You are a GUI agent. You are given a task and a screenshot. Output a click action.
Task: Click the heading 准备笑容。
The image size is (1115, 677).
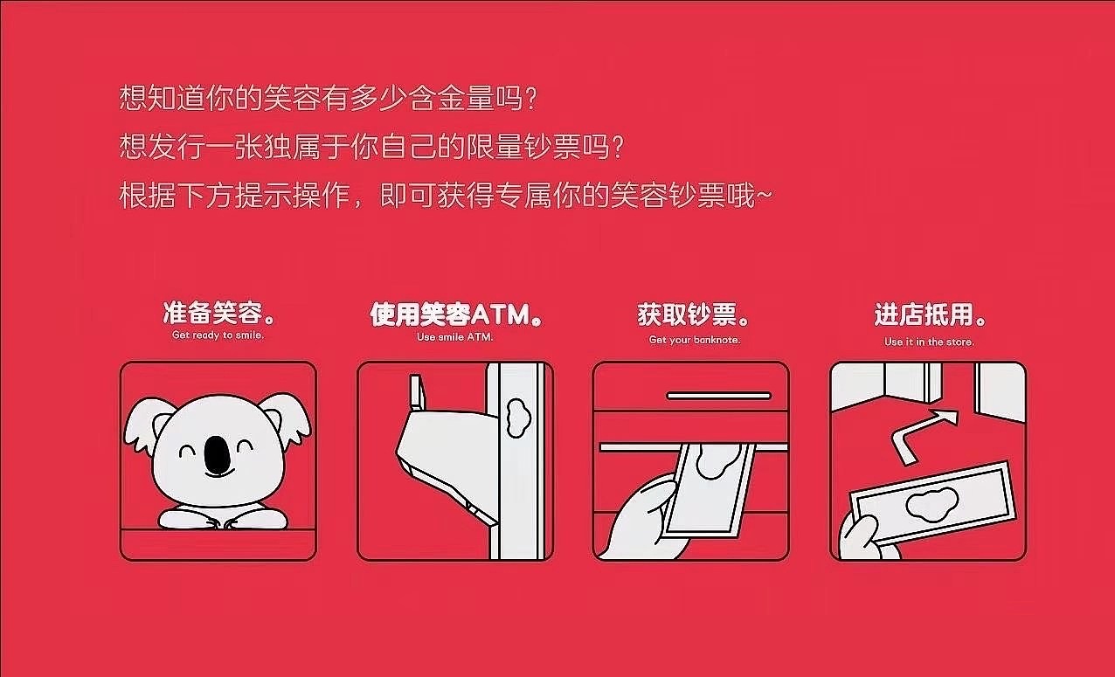218,314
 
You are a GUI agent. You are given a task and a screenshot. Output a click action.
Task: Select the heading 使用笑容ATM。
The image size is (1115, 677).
455,314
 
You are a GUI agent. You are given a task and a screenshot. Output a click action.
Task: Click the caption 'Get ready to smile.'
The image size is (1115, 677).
218,335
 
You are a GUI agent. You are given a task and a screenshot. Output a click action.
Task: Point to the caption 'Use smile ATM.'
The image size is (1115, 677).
455,336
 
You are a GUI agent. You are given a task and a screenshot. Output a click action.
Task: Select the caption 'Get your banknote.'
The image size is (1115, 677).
694,340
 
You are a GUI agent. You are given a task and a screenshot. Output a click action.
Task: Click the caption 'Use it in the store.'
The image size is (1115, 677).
929,342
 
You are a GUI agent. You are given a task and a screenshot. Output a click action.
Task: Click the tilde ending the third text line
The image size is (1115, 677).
765,197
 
